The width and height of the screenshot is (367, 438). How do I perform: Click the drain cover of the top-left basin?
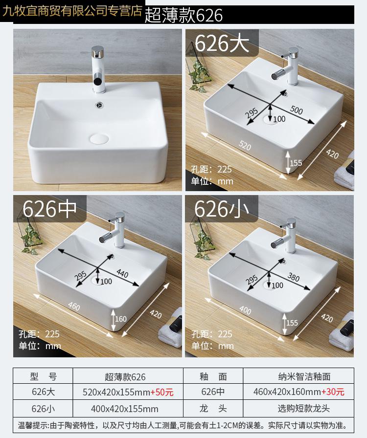click(x=99, y=138)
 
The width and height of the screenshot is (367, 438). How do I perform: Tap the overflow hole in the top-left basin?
click(x=98, y=105)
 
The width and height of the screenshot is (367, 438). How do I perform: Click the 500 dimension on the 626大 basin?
click(x=297, y=110)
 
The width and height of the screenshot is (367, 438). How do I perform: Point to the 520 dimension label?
click(x=245, y=145)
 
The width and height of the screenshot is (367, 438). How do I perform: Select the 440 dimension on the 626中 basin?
click(x=122, y=273)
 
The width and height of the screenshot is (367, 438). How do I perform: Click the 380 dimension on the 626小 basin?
click(x=294, y=277)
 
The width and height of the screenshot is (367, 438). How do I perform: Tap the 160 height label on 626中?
click(x=120, y=319)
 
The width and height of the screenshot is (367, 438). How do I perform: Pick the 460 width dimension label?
click(x=74, y=306)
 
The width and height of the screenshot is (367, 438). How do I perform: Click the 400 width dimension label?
click(x=245, y=310)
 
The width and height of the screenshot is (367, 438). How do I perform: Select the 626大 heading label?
click(x=222, y=44)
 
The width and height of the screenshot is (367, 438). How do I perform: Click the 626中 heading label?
click(x=49, y=209)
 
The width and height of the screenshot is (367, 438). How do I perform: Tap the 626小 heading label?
click(x=222, y=209)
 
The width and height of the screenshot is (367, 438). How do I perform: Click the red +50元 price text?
click(x=162, y=392)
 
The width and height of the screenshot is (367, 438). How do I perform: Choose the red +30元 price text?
click(x=333, y=392)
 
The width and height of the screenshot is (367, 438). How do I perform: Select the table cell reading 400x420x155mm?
click(x=124, y=409)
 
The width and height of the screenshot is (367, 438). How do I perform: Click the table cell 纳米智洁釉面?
click(x=304, y=376)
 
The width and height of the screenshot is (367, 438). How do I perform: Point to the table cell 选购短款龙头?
click(x=304, y=408)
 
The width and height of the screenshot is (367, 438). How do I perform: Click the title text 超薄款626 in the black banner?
click(x=183, y=15)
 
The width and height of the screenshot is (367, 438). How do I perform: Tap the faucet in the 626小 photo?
click(x=285, y=236)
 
